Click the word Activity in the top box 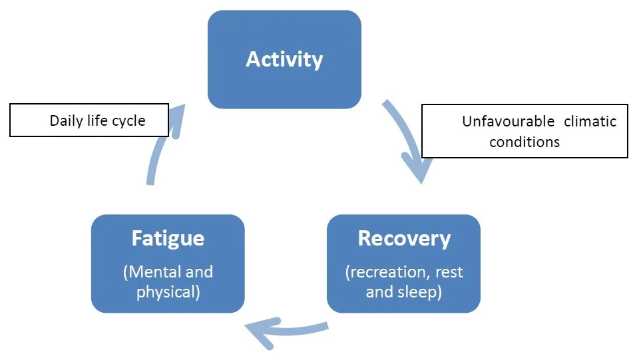[284, 60]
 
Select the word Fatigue [168, 239]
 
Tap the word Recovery [404, 239]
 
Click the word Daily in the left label [66, 120]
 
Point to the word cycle [128, 121]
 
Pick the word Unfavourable [509, 121]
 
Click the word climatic [590, 121]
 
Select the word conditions [525, 142]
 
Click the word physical [166, 292]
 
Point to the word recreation [387, 272]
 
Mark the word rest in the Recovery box [449, 272]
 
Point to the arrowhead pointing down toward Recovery [419, 168]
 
